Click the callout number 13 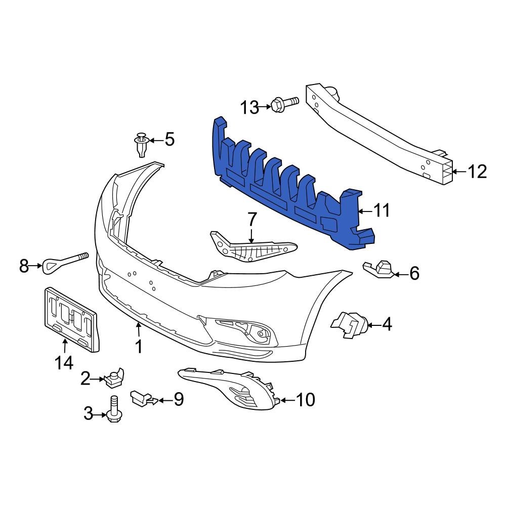click(x=249, y=107)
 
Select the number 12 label click(x=476, y=172)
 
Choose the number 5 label click(x=170, y=139)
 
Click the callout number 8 click(x=24, y=265)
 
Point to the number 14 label click(x=64, y=362)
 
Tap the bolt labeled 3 click(x=113, y=410)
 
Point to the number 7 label click(x=252, y=220)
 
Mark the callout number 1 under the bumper click(x=138, y=347)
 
